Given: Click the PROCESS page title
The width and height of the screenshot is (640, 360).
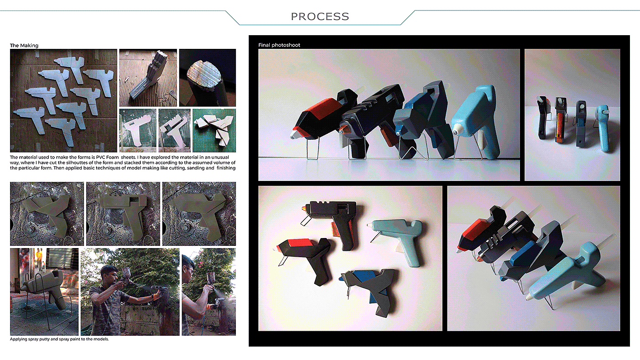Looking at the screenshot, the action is [320, 16].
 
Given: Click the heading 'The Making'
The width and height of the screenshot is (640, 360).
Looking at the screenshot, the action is [24, 45].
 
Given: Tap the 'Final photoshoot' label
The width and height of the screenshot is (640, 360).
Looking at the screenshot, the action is [279, 45].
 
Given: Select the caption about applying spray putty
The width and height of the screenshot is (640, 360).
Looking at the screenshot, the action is [59, 339].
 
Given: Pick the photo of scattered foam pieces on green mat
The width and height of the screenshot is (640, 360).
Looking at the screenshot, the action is [214, 130].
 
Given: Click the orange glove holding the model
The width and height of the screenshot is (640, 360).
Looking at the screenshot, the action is [157, 296].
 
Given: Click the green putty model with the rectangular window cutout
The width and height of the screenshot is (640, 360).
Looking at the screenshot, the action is [123, 215].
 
